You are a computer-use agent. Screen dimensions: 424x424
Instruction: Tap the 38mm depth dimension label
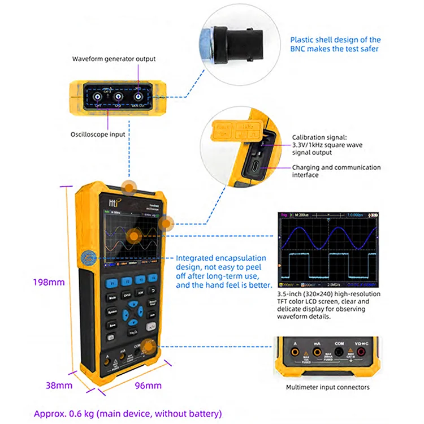[59, 386]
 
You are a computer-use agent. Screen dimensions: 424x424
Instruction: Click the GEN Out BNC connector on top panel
[137, 96]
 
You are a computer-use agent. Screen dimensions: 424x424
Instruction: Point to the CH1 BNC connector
[98, 96]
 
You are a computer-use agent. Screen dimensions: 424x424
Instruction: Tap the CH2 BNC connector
[118, 96]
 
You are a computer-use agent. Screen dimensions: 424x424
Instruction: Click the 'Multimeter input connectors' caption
[328, 387]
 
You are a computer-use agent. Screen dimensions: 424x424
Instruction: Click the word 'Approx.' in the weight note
[50, 413]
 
